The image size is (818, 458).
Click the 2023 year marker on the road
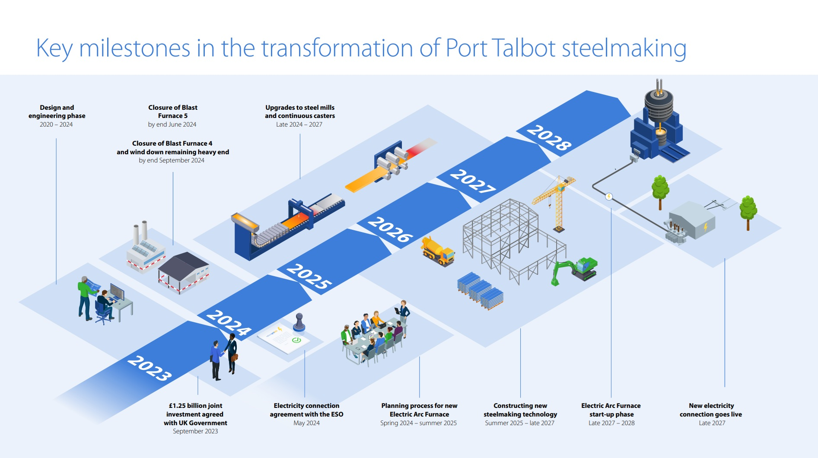click(150, 368)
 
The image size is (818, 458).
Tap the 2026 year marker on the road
click(390, 229)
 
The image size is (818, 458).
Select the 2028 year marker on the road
click(549, 137)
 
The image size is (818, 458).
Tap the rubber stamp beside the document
click(299, 323)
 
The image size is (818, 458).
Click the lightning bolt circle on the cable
click(609, 197)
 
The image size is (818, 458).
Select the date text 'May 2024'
click(306, 423)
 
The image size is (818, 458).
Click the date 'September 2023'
click(195, 431)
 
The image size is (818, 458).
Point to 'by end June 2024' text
click(172, 124)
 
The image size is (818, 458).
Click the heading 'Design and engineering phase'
click(57, 111)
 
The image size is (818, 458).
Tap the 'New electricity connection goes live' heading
click(711, 410)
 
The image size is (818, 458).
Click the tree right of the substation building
click(748, 211)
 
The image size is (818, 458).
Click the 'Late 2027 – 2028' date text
click(611, 423)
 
